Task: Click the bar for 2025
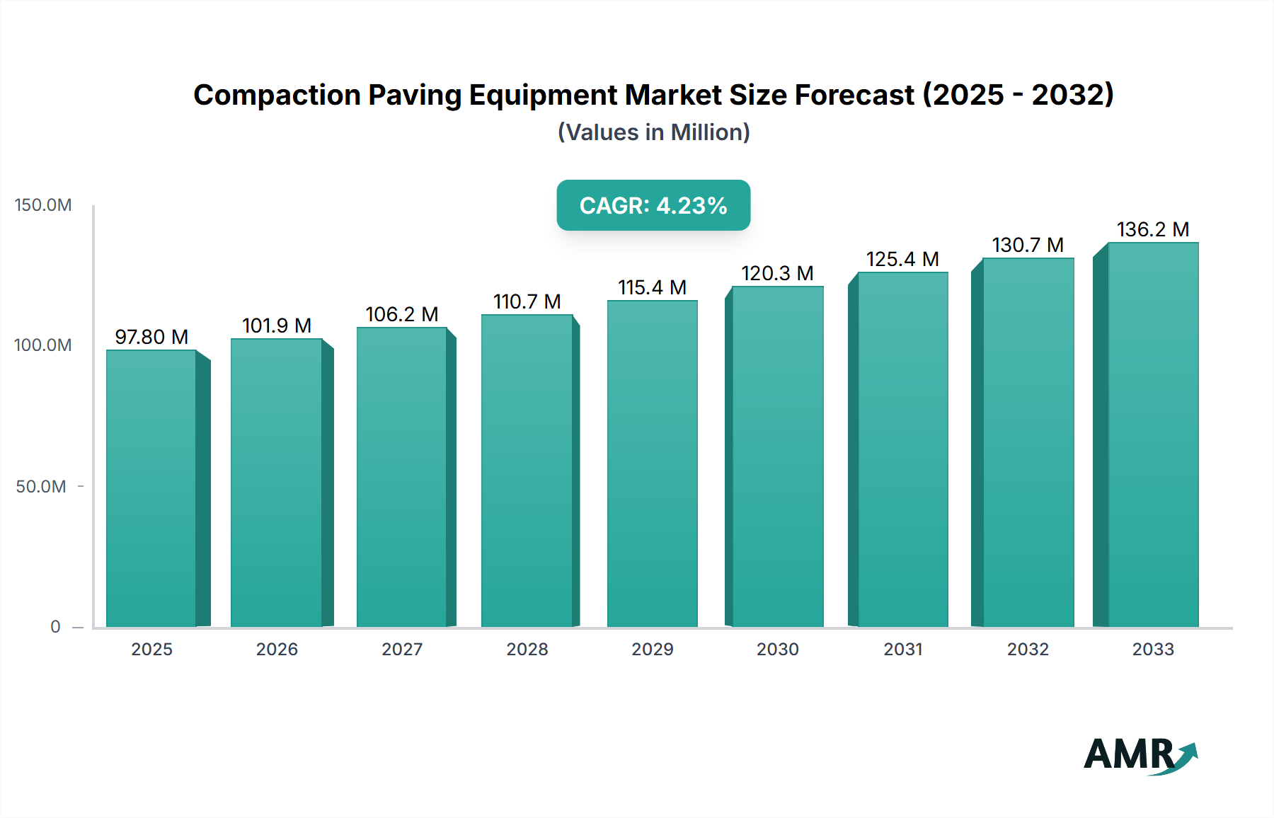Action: (151, 488)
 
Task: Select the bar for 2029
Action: (652, 463)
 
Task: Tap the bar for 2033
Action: (1153, 434)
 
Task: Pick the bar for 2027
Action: (402, 477)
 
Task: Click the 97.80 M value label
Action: (151, 337)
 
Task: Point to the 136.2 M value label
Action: (1153, 229)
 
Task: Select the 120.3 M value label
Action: (777, 273)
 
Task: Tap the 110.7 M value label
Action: (527, 301)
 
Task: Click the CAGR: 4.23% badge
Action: (653, 205)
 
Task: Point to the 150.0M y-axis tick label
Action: (43, 205)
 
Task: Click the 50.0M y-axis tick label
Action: (41, 487)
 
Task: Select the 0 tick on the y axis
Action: (55, 627)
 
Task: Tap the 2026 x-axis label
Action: (277, 649)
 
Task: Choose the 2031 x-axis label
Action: (903, 649)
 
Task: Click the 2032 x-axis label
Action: (1028, 649)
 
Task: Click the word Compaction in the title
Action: (277, 95)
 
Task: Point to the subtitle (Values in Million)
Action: (653, 132)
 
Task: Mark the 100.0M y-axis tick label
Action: (43, 345)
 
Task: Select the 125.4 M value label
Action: (902, 259)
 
